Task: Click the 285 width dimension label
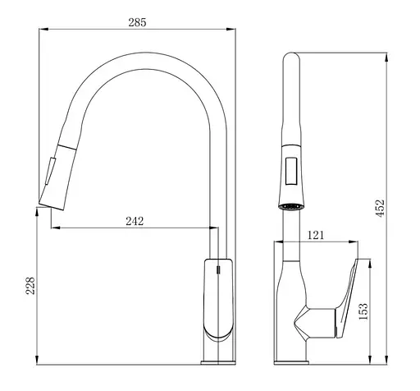[x=137, y=22]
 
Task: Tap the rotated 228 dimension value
[x=30, y=285]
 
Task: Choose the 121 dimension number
[x=316, y=235]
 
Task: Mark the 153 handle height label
[x=364, y=310]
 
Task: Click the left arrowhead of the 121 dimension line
[x=276, y=243]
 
